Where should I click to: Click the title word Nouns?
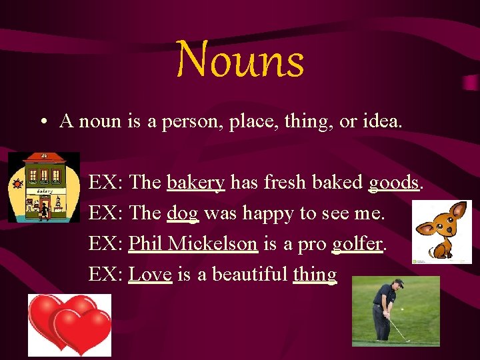[x=241, y=60]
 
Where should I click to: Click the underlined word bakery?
[x=195, y=182]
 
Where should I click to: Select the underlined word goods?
[x=394, y=182]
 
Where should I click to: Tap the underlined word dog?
[x=183, y=213]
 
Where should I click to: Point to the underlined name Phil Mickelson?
[x=193, y=243]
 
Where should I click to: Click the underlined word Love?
[x=150, y=273]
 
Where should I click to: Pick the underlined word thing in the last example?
[x=315, y=274]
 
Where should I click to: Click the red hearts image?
[x=69, y=325]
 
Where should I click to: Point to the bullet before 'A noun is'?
[x=42, y=122]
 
